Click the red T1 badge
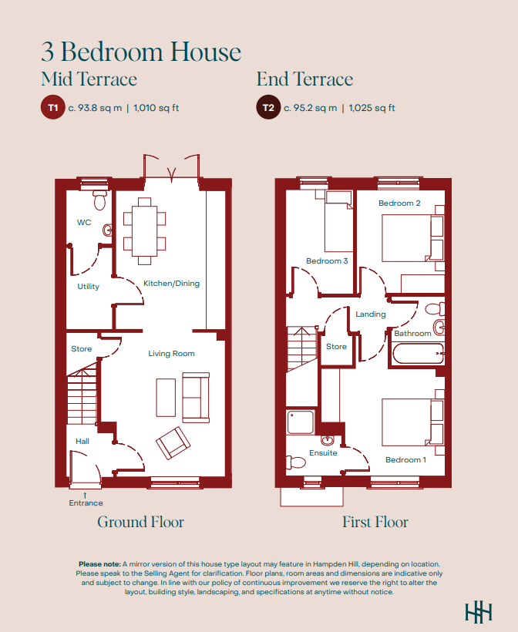53,107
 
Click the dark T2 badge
268,107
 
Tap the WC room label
84,222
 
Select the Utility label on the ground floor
89,286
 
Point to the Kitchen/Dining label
171,284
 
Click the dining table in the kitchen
144,231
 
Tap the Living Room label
171,354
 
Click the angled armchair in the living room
173,443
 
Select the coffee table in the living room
166,398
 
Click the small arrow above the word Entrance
85,495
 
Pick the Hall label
82,442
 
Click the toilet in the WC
99,200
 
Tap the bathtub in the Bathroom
418,354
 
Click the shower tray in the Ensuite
301,422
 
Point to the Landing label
371,314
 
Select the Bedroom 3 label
327,261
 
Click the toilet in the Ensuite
295,462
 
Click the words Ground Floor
141,522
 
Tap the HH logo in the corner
479,613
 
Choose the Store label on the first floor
336,347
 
